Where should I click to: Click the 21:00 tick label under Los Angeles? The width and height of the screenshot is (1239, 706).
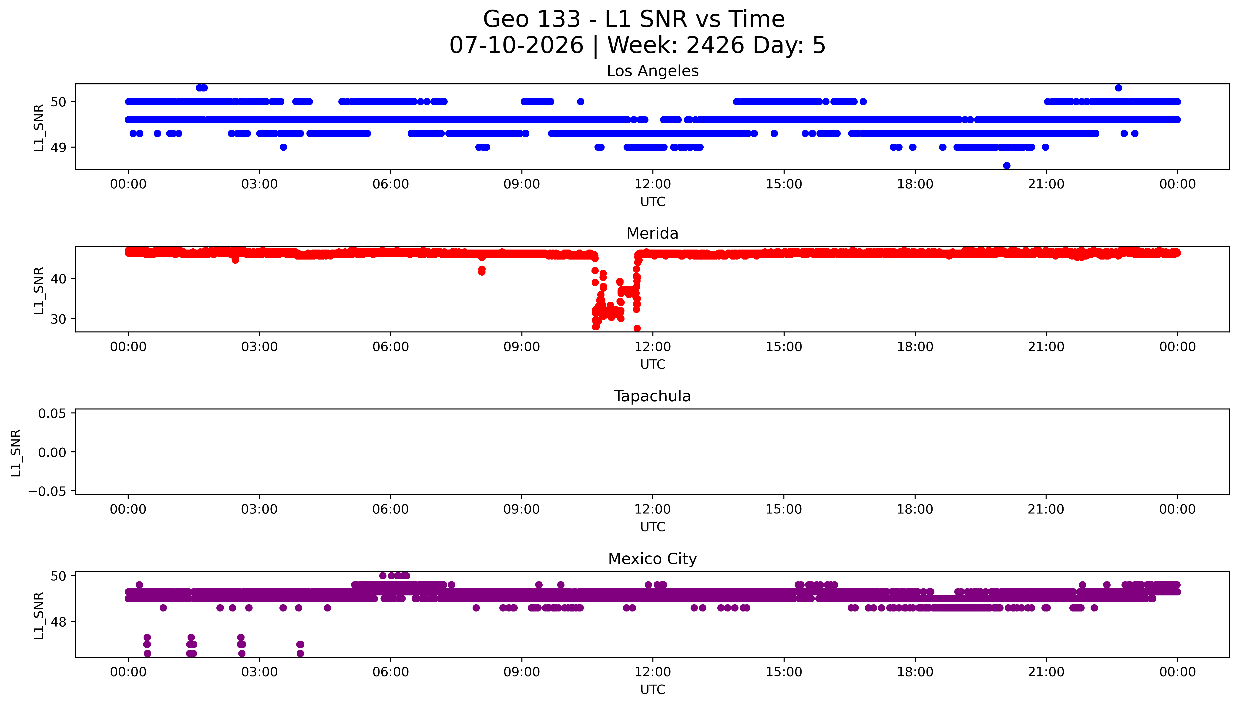coord(1046,184)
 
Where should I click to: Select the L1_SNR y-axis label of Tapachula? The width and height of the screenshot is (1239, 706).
coord(16,453)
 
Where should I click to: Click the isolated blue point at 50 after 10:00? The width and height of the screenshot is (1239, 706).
coord(581,101)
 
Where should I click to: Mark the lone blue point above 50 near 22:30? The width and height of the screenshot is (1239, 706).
coord(1118,88)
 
